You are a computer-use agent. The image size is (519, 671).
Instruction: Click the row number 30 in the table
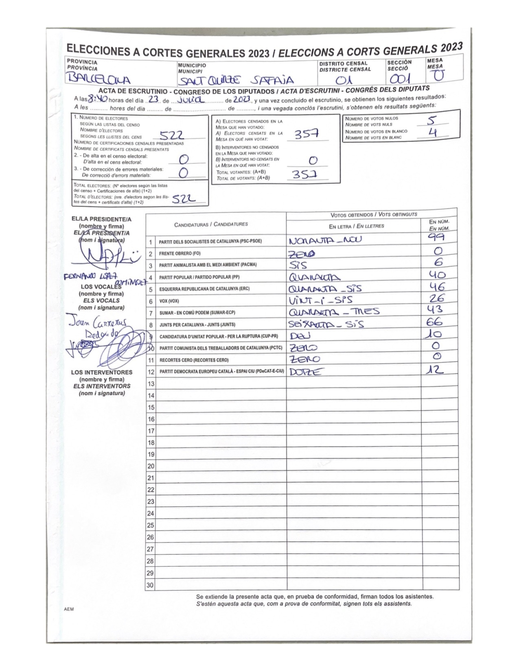pyautogui.click(x=150, y=585)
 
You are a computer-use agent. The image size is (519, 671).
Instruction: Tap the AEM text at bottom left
pyautogui.click(x=68, y=610)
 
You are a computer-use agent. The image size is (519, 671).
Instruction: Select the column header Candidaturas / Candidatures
pyautogui.click(x=211, y=224)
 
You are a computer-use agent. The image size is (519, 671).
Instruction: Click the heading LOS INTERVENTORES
pyautogui.click(x=101, y=372)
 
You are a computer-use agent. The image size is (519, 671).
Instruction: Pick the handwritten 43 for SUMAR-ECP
pyautogui.click(x=434, y=309)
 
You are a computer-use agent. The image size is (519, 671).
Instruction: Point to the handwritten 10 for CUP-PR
pyautogui.click(x=434, y=334)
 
